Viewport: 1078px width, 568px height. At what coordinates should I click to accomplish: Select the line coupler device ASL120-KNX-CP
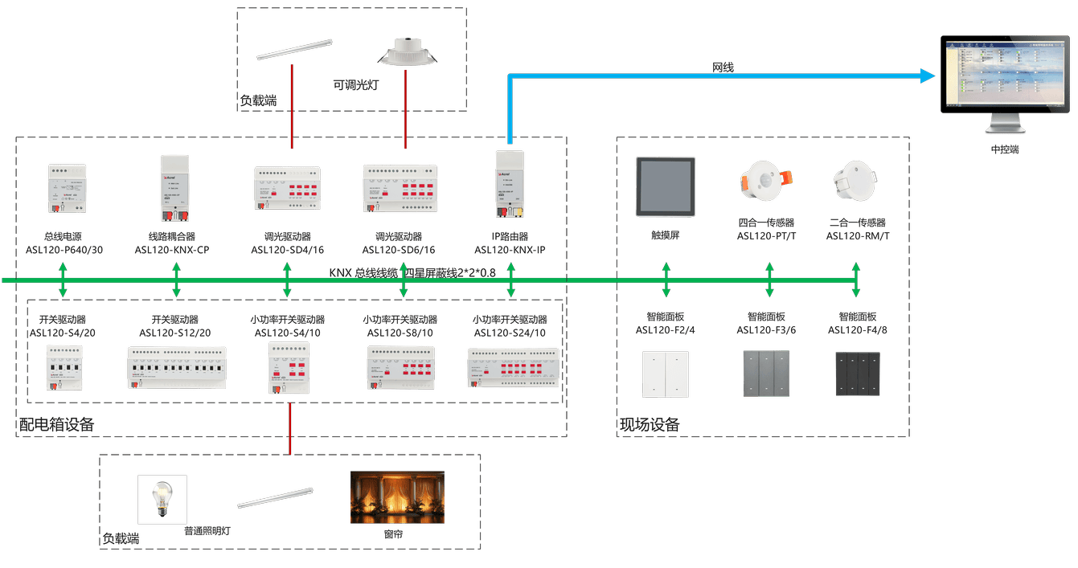(x=176, y=188)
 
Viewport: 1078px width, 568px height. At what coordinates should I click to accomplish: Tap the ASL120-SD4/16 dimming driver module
(x=288, y=189)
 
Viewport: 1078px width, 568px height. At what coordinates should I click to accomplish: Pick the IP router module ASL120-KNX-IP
(x=509, y=184)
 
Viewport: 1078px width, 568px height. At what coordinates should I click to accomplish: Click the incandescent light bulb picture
(x=162, y=499)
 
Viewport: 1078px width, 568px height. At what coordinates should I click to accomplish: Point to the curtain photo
(x=397, y=496)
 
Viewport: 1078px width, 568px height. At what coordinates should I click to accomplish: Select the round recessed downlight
(x=407, y=53)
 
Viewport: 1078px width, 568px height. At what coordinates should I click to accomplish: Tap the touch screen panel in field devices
(x=665, y=186)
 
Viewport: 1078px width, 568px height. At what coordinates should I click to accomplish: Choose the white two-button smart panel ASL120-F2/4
(x=665, y=374)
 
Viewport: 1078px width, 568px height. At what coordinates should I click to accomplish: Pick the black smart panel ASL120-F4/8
(x=858, y=374)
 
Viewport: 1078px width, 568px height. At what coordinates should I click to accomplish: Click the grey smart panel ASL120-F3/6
(x=765, y=374)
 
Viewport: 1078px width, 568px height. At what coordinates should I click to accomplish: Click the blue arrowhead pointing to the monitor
(x=928, y=76)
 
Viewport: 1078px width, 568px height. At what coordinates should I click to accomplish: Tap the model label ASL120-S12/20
(x=175, y=333)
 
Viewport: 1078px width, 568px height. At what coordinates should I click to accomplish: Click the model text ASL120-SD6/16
(x=400, y=250)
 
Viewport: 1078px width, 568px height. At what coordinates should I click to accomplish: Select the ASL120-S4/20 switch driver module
(x=64, y=367)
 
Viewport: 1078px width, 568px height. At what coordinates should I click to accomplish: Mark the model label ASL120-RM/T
(x=858, y=236)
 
